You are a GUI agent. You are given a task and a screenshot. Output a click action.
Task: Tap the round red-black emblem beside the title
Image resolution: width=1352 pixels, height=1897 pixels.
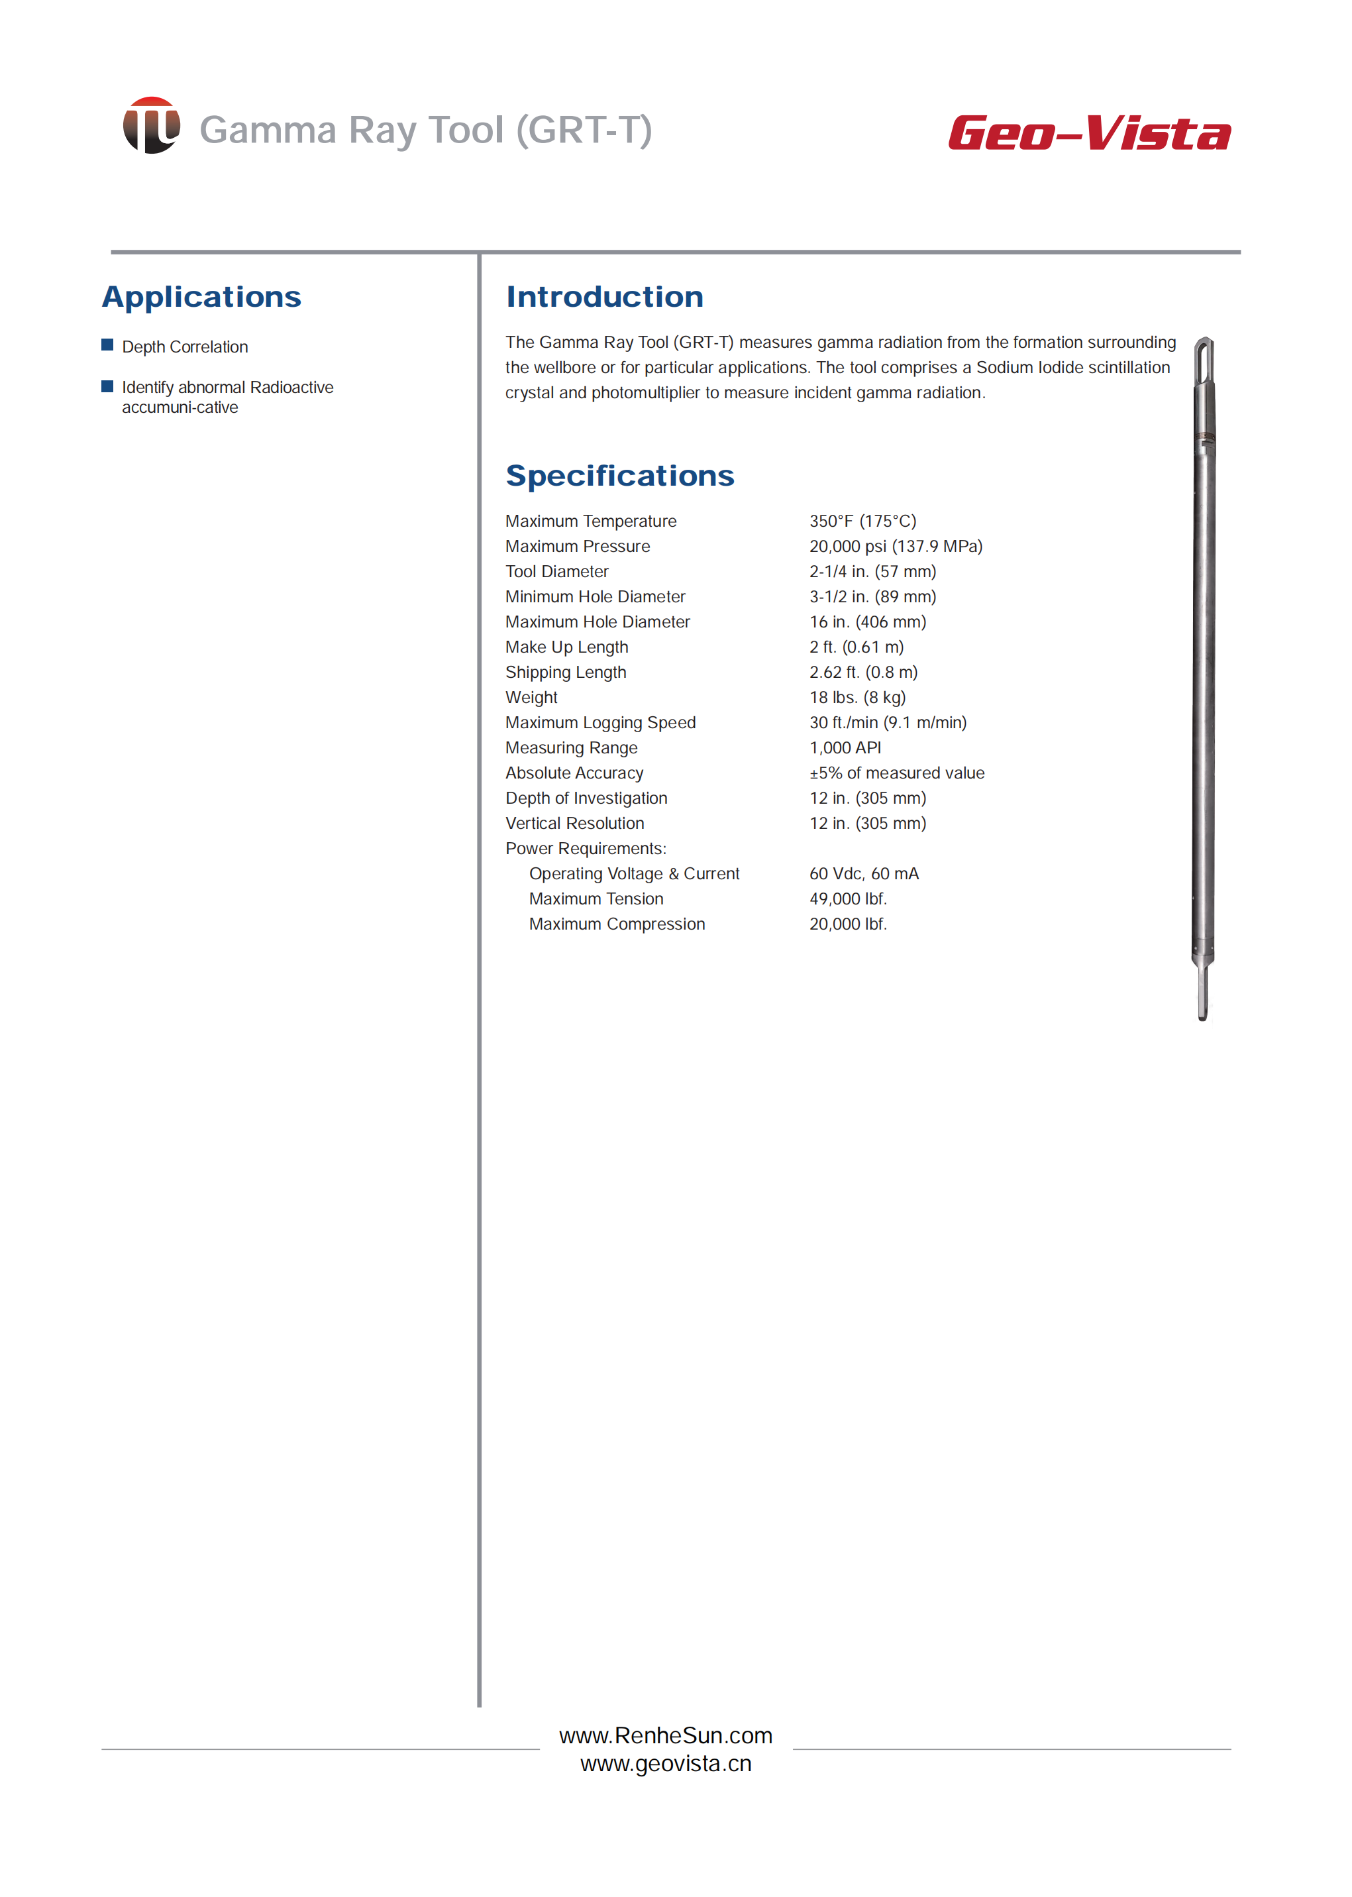pyautogui.click(x=152, y=126)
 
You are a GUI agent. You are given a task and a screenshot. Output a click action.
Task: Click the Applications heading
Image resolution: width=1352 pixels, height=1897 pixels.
pyautogui.click(x=201, y=298)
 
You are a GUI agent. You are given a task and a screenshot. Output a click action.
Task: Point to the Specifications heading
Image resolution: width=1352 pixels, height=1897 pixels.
pyautogui.click(x=619, y=476)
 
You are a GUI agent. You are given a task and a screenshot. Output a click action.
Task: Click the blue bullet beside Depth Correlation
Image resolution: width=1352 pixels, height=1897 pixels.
pyautogui.click(x=107, y=346)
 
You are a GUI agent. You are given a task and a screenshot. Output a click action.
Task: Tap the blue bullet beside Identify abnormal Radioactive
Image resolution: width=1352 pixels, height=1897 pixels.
pyautogui.click(x=107, y=386)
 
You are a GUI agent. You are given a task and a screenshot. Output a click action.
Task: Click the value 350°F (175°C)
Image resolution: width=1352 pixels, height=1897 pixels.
pyautogui.click(x=862, y=521)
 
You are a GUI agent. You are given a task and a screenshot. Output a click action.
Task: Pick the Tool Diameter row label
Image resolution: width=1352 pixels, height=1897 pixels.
pyautogui.click(x=557, y=571)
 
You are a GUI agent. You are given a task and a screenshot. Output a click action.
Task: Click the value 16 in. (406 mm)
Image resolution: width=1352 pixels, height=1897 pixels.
pyautogui.click(x=868, y=622)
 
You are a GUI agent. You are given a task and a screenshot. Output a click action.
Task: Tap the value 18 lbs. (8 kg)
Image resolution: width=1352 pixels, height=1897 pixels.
pyautogui.click(x=857, y=698)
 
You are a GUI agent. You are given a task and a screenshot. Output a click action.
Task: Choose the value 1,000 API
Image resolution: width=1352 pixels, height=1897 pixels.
pyautogui.click(x=845, y=748)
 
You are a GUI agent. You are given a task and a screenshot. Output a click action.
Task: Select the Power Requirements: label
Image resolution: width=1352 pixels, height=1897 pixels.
pyautogui.click(x=586, y=849)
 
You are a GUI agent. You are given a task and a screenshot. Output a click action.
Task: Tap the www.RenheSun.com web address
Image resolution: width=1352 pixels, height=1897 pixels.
pyautogui.click(x=666, y=1735)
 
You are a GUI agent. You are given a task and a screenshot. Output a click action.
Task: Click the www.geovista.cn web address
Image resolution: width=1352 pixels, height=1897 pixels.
pyautogui.click(x=666, y=1764)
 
